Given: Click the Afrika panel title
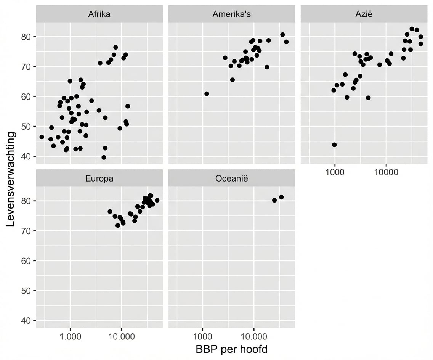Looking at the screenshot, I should pyautogui.click(x=99, y=14).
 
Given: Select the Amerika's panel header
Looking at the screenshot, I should pyautogui.click(x=231, y=14).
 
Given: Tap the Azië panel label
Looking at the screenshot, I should pyautogui.click(x=364, y=14).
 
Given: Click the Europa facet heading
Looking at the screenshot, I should pyautogui.click(x=99, y=178).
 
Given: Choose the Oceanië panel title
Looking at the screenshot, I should pyautogui.click(x=231, y=178).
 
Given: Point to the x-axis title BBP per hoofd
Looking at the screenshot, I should pyautogui.click(x=231, y=349).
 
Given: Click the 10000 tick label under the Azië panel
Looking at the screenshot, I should pyautogui.click(x=386, y=172).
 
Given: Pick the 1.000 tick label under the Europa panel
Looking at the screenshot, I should pyautogui.click(x=70, y=336).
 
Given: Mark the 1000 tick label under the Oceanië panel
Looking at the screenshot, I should pyautogui.click(x=202, y=336).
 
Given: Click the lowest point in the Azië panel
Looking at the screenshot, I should pyautogui.click(x=334, y=145).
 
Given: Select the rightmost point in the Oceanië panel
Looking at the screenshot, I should pyautogui.click(x=281, y=197).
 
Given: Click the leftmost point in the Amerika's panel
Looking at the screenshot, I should pyautogui.click(x=207, y=93).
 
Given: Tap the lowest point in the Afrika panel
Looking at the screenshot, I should pyautogui.click(x=104, y=157).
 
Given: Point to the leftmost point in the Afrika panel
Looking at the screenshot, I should pyautogui.click(x=42, y=137).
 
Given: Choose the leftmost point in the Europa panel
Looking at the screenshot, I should pyautogui.click(x=110, y=211).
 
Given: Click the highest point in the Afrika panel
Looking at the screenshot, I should pyautogui.click(x=115, y=47).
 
